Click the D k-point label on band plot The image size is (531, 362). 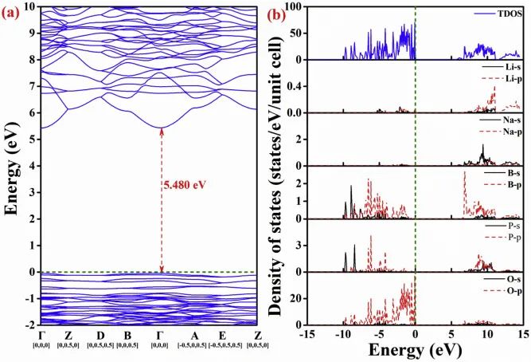100,336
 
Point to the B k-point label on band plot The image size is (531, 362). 130,336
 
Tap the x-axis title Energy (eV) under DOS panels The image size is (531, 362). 416,351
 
